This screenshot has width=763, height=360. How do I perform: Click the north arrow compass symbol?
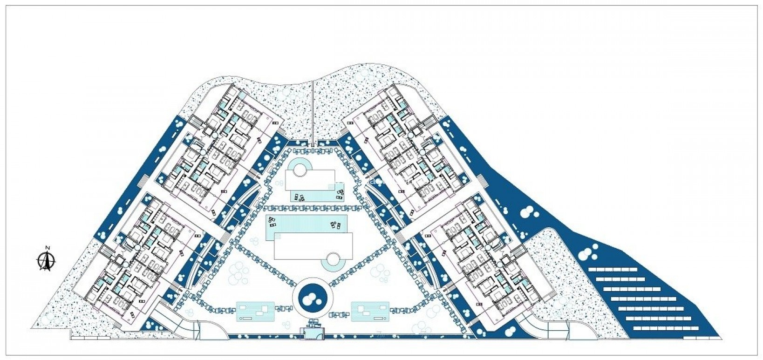(x=47, y=261)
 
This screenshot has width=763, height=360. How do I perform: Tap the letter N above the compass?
(x=47, y=248)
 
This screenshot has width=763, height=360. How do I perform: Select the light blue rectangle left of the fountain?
(x=255, y=312)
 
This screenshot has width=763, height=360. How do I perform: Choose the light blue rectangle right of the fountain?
(x=370, y=311)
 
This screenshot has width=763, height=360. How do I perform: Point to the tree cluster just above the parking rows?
(x=588, y=252)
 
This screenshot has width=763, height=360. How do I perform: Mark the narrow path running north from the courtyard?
(x=313, y=112)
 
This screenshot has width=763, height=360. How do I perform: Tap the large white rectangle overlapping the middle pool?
(x=313, y=245)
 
